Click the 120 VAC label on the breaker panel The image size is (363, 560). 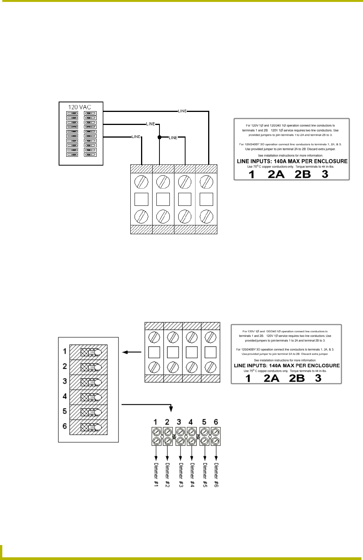[80, 107]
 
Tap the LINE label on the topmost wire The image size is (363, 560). [182, 111]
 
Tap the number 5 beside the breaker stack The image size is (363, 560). [65, 411]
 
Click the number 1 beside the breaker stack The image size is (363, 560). [65, 351]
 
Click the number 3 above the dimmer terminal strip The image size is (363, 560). [179, 422]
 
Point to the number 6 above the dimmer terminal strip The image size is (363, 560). [216, 422]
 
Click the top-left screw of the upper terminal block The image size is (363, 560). [141, 180]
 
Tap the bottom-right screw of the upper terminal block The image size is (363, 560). [207, 218]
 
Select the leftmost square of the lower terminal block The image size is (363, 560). [154, 351]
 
